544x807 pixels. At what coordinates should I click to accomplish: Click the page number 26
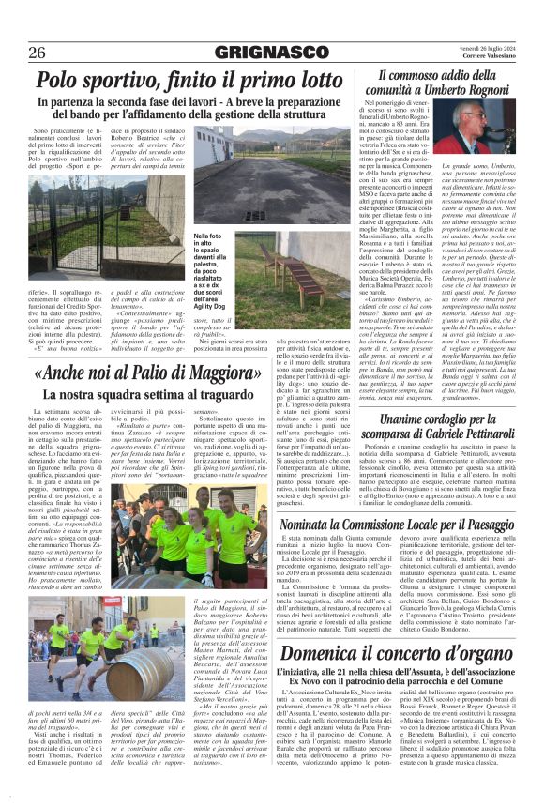click(38, 52)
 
